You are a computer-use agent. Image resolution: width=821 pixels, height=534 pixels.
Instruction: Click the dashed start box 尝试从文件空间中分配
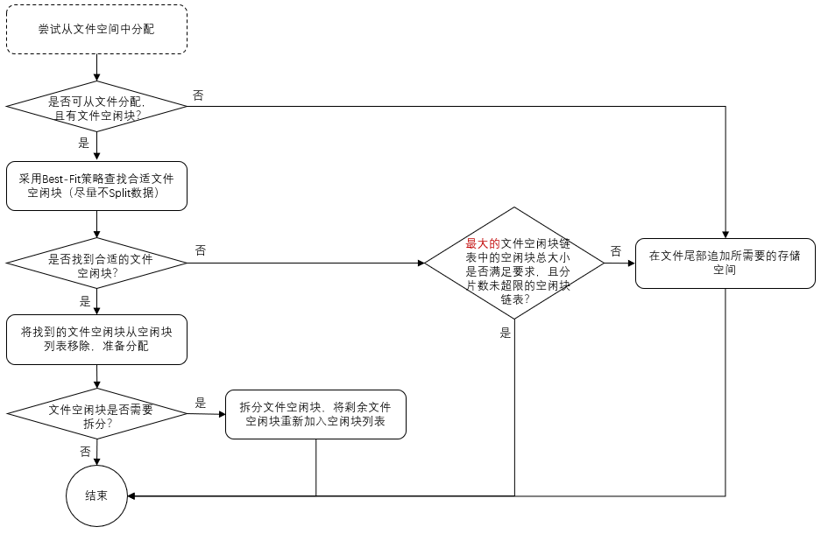[x=96, y=29]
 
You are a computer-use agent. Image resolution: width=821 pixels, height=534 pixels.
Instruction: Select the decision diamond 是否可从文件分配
[x=96, y=107]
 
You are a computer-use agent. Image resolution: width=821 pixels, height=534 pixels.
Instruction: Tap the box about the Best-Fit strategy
[x=96, y=186]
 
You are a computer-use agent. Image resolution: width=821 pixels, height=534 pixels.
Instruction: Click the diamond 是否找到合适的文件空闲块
[x=96, y=265]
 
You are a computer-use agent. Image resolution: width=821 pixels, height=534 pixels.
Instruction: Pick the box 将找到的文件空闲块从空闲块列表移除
[x=96, y=339]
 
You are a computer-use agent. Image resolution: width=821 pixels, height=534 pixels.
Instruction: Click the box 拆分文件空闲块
[x=316, y=414]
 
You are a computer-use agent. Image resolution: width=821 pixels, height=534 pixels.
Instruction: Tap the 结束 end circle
[x=96, y=495]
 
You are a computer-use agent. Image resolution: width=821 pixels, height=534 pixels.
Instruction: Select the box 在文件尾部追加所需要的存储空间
[x=725, y=263]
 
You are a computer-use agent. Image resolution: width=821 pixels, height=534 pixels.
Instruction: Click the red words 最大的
[x=482, y=243]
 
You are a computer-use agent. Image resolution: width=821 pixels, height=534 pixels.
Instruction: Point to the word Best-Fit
[x=60, y=178]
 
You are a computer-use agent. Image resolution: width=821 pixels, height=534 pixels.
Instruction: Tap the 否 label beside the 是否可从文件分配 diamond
[x=198, y=95]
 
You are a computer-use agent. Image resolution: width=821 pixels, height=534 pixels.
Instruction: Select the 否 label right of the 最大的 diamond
[x=616, y=251]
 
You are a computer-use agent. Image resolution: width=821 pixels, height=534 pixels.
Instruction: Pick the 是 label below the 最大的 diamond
[x=505, y=332]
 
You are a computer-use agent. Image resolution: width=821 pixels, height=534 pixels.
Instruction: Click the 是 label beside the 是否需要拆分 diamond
[x=201, y=403]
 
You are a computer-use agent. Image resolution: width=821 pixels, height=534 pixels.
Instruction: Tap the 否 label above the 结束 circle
[x=85, y=452]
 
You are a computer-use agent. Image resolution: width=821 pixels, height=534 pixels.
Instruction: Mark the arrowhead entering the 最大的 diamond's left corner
[x=421, y=263]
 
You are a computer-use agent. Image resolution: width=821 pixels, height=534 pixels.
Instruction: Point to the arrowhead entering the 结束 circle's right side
[x=132, y=495]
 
